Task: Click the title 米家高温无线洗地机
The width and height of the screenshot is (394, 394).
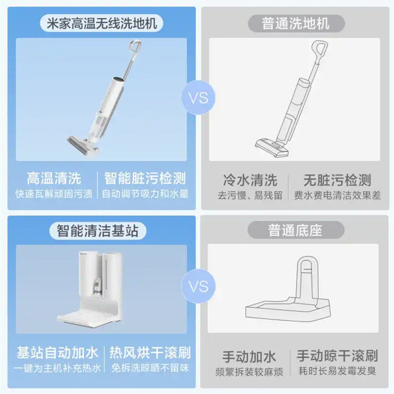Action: tap(102, 23)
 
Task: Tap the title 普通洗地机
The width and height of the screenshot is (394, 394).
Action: tap(296, 23)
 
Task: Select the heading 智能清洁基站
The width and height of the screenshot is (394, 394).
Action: tap(98, 230)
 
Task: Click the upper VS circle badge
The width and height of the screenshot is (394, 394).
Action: tap(198, 98)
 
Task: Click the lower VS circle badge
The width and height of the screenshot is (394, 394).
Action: tap(198, 286)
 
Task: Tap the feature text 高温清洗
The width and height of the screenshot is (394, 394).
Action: tap(54, 178)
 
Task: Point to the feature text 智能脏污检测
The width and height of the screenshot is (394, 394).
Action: tap(145, 178)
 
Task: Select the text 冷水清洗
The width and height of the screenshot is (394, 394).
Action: tap(250, 180)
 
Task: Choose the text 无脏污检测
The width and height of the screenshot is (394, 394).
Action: tap(337, 180)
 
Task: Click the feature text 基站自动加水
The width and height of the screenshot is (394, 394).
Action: tap(57, 352)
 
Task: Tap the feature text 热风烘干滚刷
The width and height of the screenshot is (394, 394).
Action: tap(150, 352)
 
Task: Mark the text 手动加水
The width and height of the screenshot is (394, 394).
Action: tap(249, 356)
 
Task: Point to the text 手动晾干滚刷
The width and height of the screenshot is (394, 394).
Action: tap(337, 355)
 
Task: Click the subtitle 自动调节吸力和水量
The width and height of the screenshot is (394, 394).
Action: tap(145, 194)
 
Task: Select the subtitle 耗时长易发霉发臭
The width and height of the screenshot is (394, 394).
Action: tap(337, 371)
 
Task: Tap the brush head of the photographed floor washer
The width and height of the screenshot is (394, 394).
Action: tap(82, 145)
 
